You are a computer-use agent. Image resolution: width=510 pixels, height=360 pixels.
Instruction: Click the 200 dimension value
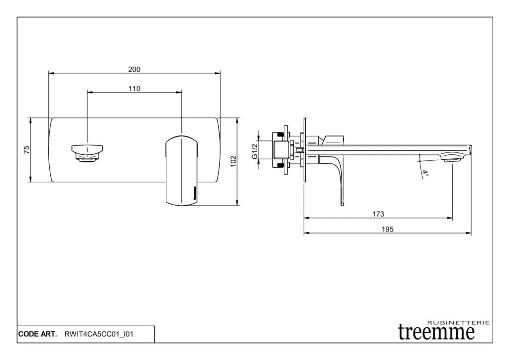[x=134, y=69]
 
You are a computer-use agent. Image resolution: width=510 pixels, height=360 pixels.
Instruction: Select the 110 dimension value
[x=134, y=89]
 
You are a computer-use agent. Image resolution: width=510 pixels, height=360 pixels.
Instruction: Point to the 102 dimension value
[x=233, y=161]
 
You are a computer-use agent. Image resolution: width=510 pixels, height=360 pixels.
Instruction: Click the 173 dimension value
[x=378, y=214]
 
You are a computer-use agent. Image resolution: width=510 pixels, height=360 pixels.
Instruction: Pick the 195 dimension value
[x=387, y=230]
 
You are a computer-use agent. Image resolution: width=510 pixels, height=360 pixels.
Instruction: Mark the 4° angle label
[x=425, y=174]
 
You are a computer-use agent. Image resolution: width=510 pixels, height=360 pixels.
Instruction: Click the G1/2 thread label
[x=254, y=151]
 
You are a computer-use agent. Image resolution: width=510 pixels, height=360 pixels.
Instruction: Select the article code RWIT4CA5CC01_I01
[x=99, y=334]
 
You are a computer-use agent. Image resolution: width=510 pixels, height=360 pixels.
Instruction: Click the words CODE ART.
[x=37, y=334]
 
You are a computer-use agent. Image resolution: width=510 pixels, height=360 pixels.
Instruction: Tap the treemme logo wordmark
[x=437, y=332]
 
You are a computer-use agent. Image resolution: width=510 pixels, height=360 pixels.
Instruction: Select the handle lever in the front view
[x=181, y=169]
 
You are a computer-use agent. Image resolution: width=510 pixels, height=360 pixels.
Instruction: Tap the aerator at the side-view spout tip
[x=453, y=156]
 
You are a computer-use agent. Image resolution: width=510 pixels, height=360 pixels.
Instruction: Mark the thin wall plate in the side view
[x=304, y=149]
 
